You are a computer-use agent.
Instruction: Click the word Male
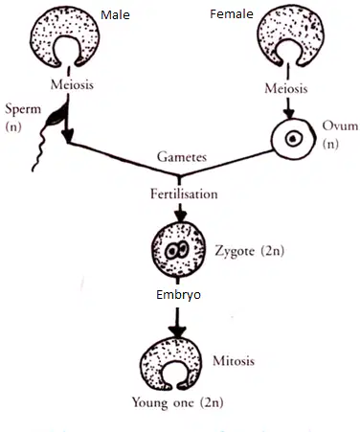pos(115,15)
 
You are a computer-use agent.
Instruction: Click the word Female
pos(232,14)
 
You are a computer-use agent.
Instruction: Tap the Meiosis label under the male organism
pos(72,84)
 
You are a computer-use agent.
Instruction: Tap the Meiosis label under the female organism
pos(286,88)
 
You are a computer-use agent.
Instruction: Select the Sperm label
pos(23,109)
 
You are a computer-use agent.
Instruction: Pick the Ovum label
pos(340,125)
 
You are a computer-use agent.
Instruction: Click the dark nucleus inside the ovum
pos(292,139)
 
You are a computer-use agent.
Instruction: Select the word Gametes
pos(182,157)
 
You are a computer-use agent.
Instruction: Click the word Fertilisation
pos(184,194)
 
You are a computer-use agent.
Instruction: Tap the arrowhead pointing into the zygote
pos(180,216)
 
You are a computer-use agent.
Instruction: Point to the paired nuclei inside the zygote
pos(176,250)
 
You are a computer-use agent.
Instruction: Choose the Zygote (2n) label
pos(249,251)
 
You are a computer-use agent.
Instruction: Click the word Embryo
pos(178,294)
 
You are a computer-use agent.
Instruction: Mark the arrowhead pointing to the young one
pos(177,331)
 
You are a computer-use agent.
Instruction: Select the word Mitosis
pos(234,361)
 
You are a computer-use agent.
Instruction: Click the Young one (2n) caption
pos(177,402)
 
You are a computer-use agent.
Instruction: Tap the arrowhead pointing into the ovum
pos(289,114)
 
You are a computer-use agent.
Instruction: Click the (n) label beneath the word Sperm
pos(13,127)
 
